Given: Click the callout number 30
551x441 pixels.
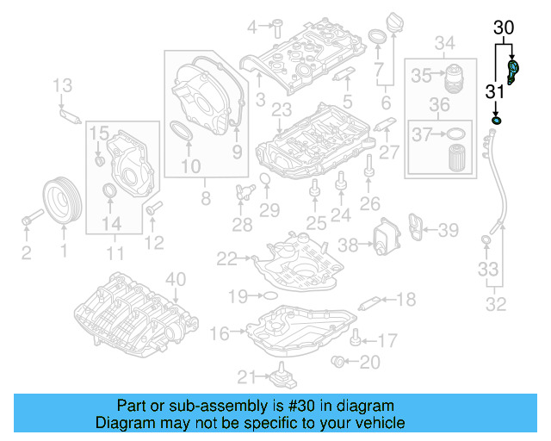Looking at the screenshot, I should point(505,28).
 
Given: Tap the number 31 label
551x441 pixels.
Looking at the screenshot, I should point(494,92).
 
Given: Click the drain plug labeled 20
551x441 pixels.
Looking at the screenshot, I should point(341,362).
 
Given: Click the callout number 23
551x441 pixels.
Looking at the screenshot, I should point(281,109).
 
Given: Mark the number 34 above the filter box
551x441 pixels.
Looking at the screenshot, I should point(444,43).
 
